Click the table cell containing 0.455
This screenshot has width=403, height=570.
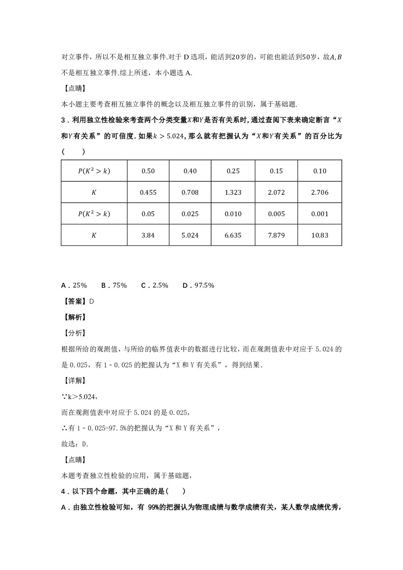pos(148,192)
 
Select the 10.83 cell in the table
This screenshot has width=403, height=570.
pos(320,235)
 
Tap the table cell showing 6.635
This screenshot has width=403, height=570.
pos(233,235)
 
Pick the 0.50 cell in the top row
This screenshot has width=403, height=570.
pos(148,171)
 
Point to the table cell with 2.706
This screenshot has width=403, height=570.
pos(320,192)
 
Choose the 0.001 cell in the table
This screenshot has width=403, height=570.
pos(320,214)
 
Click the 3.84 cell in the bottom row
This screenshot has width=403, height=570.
pos(148,235)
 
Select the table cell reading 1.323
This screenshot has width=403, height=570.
pos(233,192)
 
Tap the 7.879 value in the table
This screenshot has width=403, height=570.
pos(276,235)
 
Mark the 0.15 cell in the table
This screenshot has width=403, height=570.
pos(276,171)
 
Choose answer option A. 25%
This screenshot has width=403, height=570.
pos(74,285)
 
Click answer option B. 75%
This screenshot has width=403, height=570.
pos(114,285)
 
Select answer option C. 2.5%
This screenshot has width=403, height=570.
pos(154,285)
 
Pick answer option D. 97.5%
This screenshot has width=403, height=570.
pos(198,285)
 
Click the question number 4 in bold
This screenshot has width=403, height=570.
pos(63,491)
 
